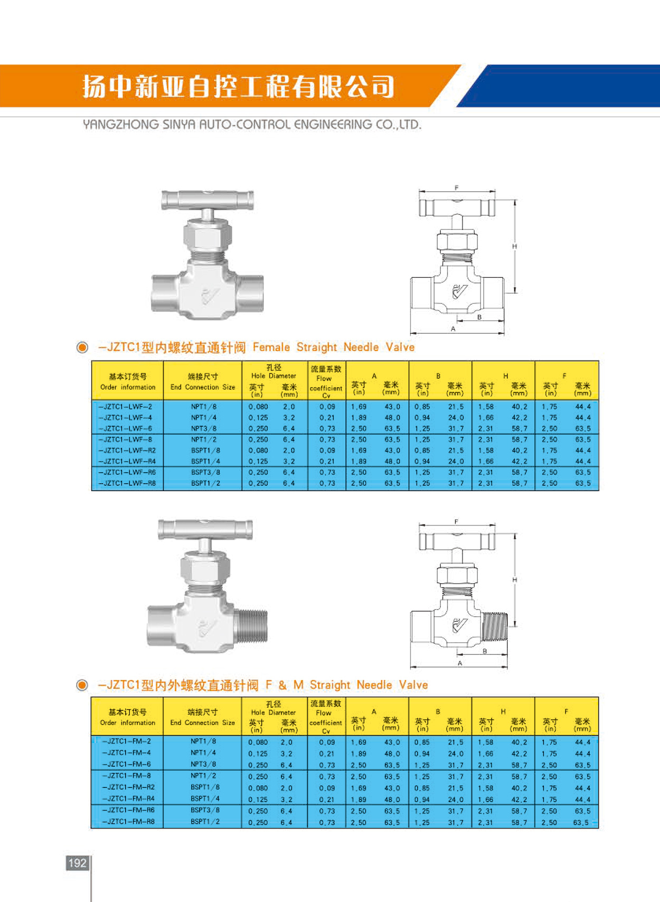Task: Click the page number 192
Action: (77, 862)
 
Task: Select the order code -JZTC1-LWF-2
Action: (126, 407)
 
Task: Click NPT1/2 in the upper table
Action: (204, 439)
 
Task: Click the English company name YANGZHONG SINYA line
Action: (252, 125)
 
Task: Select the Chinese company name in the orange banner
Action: (238, 87)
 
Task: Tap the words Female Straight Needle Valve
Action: (333, 347)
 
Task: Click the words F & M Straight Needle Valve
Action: (346, 685)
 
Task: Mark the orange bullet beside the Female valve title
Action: (82, 347)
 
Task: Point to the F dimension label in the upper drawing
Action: (457, 187)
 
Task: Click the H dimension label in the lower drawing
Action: (515, 580)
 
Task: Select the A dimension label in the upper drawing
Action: (453, 329)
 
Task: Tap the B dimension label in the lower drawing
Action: (485, 651)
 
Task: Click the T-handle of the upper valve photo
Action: (208, 200)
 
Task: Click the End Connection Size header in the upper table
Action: (203, 387)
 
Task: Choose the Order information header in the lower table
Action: (128, 722)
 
